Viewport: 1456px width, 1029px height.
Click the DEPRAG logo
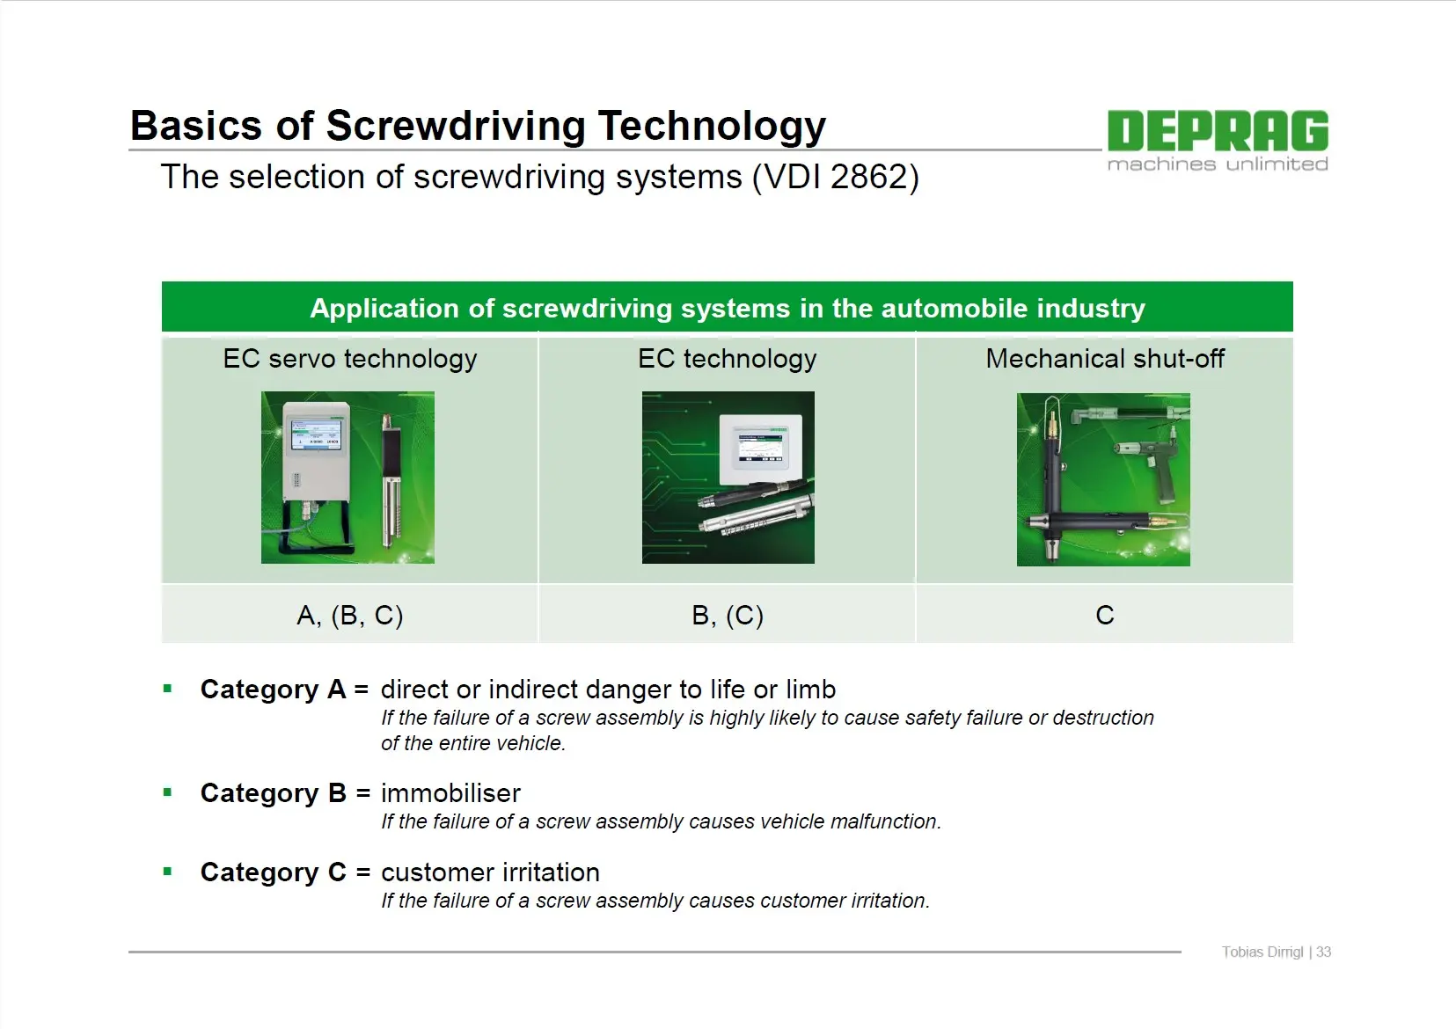tap(1218, 140)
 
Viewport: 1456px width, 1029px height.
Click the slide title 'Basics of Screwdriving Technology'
tap(478, 126)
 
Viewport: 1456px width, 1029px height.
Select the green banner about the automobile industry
tap(728, 307)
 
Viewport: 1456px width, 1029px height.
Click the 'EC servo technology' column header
tap(349, 359)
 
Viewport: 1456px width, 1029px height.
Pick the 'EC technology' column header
tap(728, 359)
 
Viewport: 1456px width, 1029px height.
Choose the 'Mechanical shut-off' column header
tap(1105, 359)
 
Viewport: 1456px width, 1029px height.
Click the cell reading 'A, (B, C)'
tap(349, 615)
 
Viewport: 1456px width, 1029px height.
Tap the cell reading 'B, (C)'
tap(728, 615)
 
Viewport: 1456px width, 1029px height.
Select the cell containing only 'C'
tap(1105, 615)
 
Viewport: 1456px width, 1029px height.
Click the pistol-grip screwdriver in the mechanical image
tap(1151, 462)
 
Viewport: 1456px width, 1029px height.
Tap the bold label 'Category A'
tap(273, 690)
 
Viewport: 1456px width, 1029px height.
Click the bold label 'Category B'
tap(273, 793)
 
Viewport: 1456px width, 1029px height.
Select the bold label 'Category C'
tap(273, 872)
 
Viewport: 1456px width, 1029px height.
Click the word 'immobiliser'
tap(450, 793)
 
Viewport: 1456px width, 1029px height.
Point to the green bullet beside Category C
tap(168, 872)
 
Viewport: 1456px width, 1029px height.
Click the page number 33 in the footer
tap(1323, 952)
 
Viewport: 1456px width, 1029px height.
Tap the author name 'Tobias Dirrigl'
tap(1262, 952)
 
